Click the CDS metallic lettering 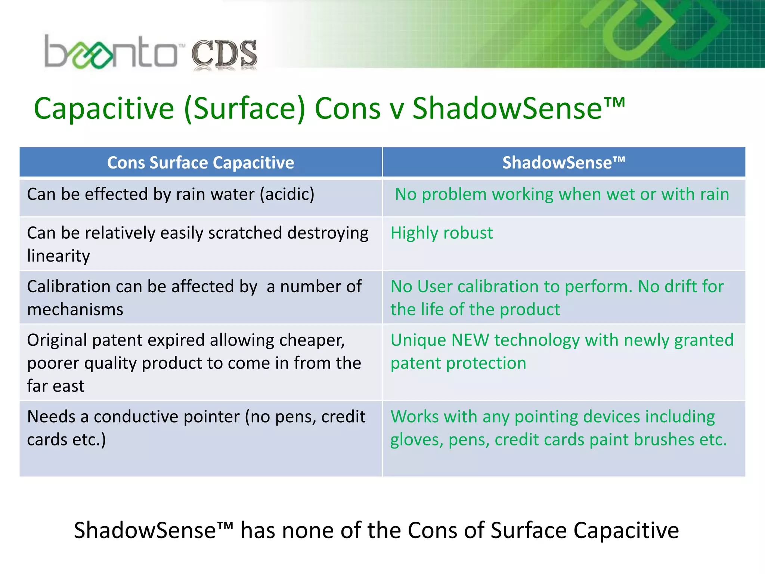point(224,54)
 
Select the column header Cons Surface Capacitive point(201,163)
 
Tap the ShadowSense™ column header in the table point(563,163)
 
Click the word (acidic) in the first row point(287,195)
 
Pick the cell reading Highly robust point(442,233)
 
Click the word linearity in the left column point(59,256)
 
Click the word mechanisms point(75,310)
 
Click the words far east point(56,386)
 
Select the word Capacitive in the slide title point(104,109)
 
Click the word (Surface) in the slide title point(245,109)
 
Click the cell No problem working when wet point(562,195)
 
